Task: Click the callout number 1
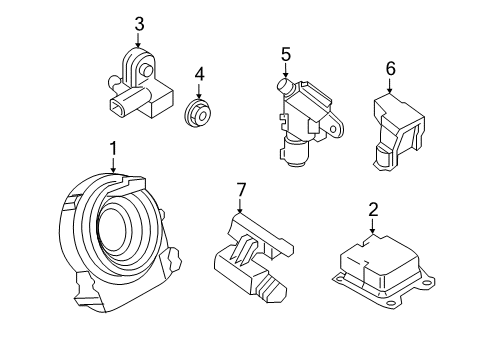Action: pyautogui.click(x=113, y=149)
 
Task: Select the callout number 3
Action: pyautogui.click(x=139, y=23)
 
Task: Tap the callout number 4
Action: pyautogui.click(x=198, y=73)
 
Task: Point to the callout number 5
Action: pyautogui.click(x=284, y=56)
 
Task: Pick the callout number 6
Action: pyautogui.click(x=390, y=68)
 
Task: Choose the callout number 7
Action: pyautogui.click(x=239, y=189)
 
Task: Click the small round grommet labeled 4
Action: pyautogui.click(x=199, y=113)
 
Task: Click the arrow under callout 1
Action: pyautogui.click(x=114, y=166)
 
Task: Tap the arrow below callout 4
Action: pyautogui.click(x=198, y=90)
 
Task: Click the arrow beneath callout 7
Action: pyautogui.click(x=239, y=205)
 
